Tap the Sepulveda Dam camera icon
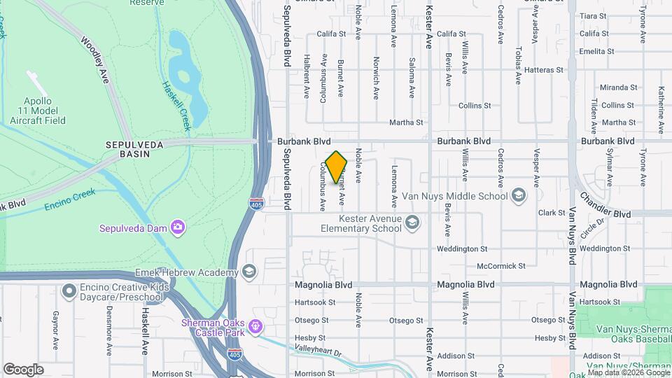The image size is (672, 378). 178,227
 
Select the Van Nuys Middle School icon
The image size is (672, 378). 518,196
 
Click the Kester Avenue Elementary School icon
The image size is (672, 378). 413,223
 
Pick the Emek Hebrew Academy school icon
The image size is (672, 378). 248,272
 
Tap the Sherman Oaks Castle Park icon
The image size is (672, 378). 255,326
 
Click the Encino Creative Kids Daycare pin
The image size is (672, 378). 69,290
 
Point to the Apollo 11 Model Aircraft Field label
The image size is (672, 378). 38,111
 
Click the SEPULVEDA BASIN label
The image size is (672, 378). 128,148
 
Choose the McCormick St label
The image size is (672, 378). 500,266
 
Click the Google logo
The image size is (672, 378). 23,369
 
